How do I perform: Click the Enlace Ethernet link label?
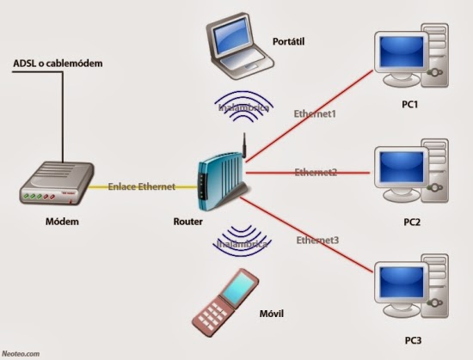(x=142, y=186)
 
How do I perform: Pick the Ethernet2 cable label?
(x=315, y=173)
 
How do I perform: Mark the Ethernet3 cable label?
(x=317, y=239)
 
